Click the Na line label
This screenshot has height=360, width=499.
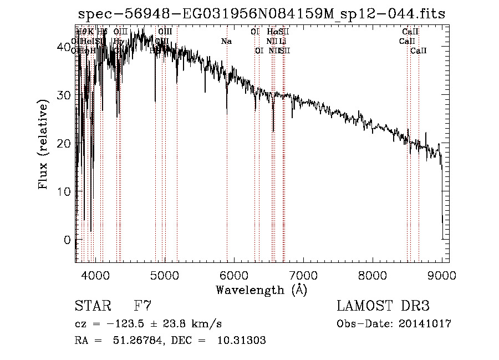coord(226,41)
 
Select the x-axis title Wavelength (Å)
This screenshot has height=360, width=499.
coord(261,290)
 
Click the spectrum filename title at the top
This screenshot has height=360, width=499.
coord(262,14)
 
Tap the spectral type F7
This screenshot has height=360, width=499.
coord(142,306)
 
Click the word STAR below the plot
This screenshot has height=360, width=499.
coord(92,306)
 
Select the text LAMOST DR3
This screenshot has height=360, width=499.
coord(383,306)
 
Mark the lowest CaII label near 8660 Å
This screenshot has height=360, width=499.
coord(419,50)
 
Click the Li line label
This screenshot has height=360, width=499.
coord(283,41)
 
